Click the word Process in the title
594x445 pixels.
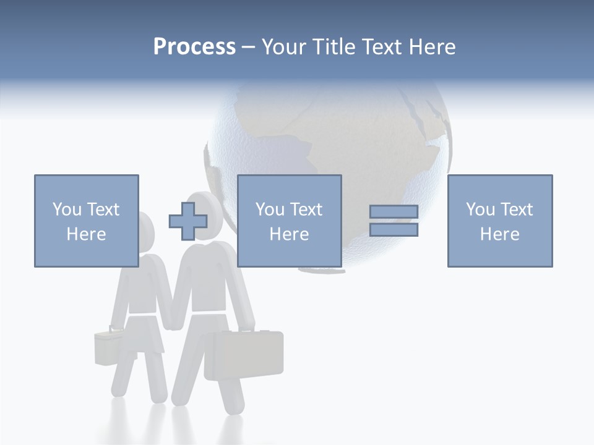coord(194,47)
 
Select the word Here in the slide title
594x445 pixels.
coord(431,47)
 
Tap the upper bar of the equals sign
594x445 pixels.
coord(394,212)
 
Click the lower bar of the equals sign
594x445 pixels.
coord(394,230)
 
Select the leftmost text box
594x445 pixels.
coord(86,221)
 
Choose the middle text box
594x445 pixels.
coord(289,221)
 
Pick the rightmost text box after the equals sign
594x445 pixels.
coord(499,221)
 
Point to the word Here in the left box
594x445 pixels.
coord(86,234)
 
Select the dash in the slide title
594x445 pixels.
coord(248,47)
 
